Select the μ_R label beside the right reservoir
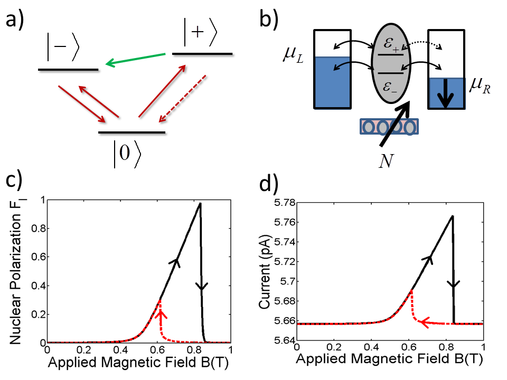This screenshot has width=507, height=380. coord(478,85)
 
